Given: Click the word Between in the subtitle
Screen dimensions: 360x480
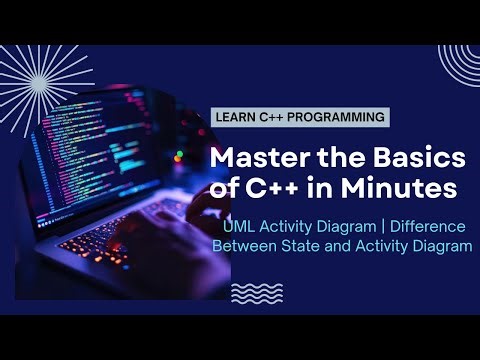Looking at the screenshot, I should (x=254, y=247).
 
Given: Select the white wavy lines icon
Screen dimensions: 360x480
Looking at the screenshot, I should (x=252, y=292).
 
